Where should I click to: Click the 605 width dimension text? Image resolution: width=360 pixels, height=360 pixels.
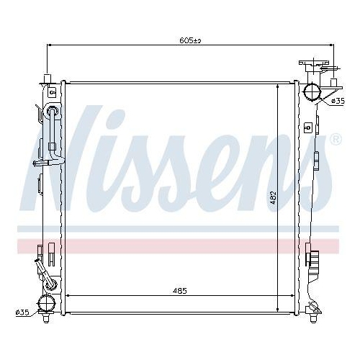(189, 41)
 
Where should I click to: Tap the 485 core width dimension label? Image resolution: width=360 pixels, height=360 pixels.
(180, 290)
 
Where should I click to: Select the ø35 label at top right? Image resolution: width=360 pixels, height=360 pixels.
(338, 102)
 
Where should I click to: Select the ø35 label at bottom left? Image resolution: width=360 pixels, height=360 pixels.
(22, 312)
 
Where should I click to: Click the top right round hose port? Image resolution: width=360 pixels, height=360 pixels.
(312, 91)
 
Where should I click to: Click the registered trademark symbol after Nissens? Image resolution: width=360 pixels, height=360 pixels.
(336, 139)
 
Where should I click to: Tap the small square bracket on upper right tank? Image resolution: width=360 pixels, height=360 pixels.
(308, 127)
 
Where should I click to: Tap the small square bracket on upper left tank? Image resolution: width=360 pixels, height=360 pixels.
(51, 91)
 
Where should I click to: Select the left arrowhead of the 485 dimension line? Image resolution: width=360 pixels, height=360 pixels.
(68, 297)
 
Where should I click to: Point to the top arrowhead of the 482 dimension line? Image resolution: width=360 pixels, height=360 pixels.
(278, 86)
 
